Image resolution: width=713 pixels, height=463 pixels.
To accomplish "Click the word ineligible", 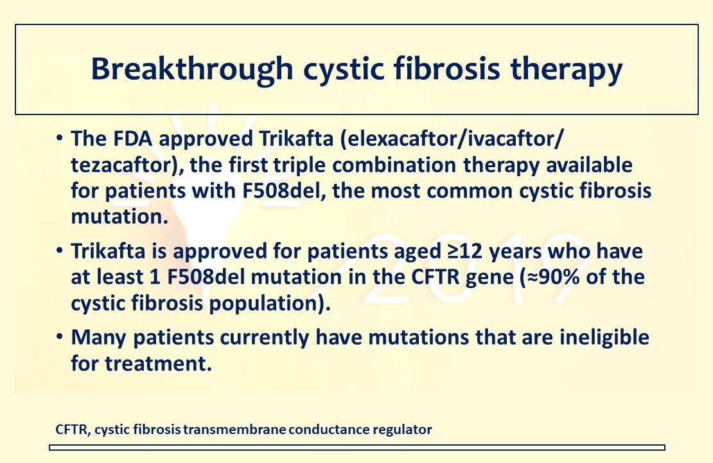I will click(x=596, y=337).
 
